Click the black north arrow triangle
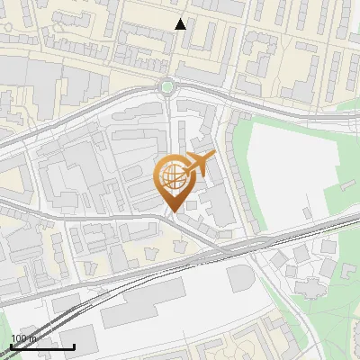181,24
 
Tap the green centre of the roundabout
166,86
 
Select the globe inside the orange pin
174,176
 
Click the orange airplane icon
199,165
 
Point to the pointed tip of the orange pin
172,212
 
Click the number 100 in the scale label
20,338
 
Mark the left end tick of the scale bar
10,346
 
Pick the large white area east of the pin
288,171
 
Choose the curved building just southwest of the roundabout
135,112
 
